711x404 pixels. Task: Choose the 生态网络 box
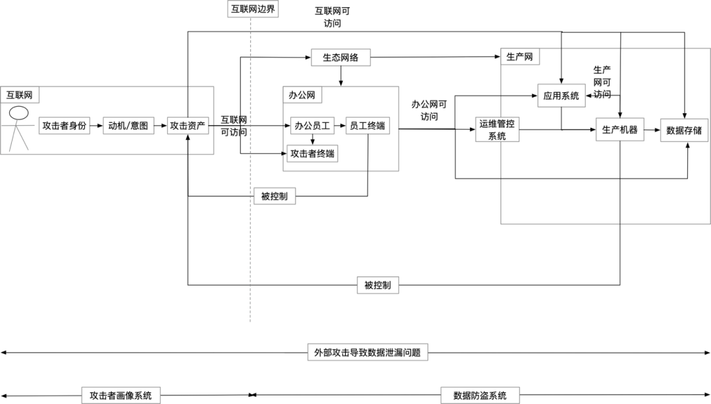(340, 57)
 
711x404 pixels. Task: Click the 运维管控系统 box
(497, 129)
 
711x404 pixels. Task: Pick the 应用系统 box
(561, 95)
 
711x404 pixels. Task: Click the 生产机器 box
(620, 130)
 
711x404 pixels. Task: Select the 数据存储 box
(684, 130)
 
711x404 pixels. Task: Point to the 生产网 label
(520, 57)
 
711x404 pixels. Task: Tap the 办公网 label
(302, 95)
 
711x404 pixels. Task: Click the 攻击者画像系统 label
(120, 395)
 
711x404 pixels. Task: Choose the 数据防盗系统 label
(480, 395)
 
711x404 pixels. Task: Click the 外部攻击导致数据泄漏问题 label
(368, 353)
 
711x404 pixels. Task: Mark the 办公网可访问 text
(429, 110)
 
